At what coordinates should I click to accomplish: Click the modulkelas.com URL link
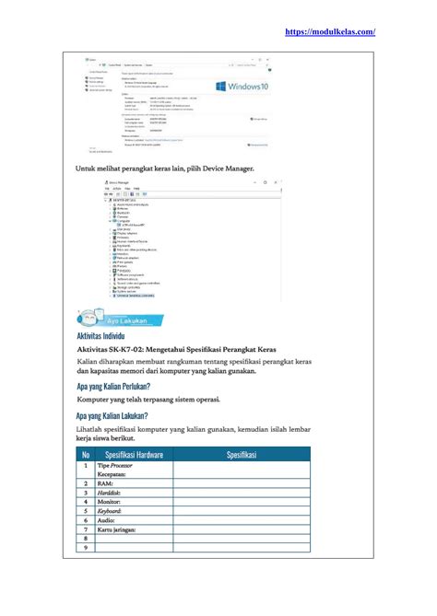point(329,31)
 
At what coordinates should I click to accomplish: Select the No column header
point(86,455)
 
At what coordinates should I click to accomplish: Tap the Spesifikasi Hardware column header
point(135,455)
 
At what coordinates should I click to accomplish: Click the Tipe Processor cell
point(115,466)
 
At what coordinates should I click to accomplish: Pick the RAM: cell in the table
point(105,483)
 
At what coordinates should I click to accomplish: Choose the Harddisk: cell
point(110,493)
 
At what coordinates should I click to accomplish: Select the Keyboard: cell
point(112,511)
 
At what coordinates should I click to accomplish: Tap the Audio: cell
point(106,520)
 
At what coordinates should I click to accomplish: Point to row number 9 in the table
point(86,548)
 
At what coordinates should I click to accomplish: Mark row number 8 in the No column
point(86,539)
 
